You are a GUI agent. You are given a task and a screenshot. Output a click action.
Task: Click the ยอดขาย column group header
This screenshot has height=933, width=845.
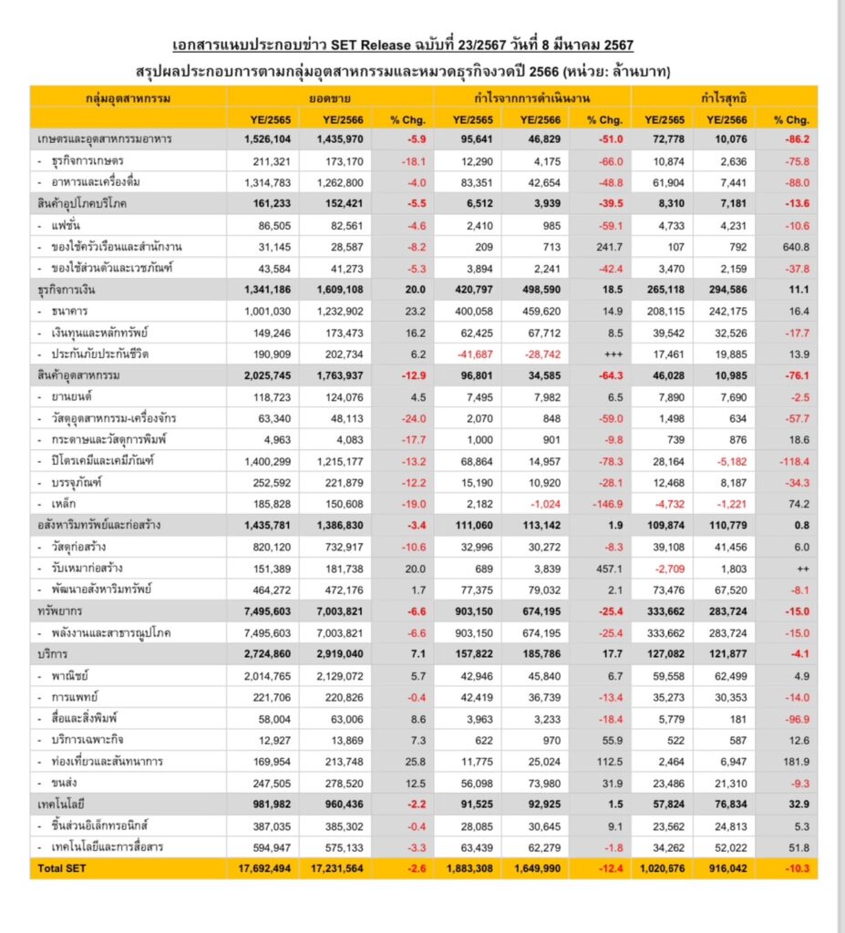pos(331,97)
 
